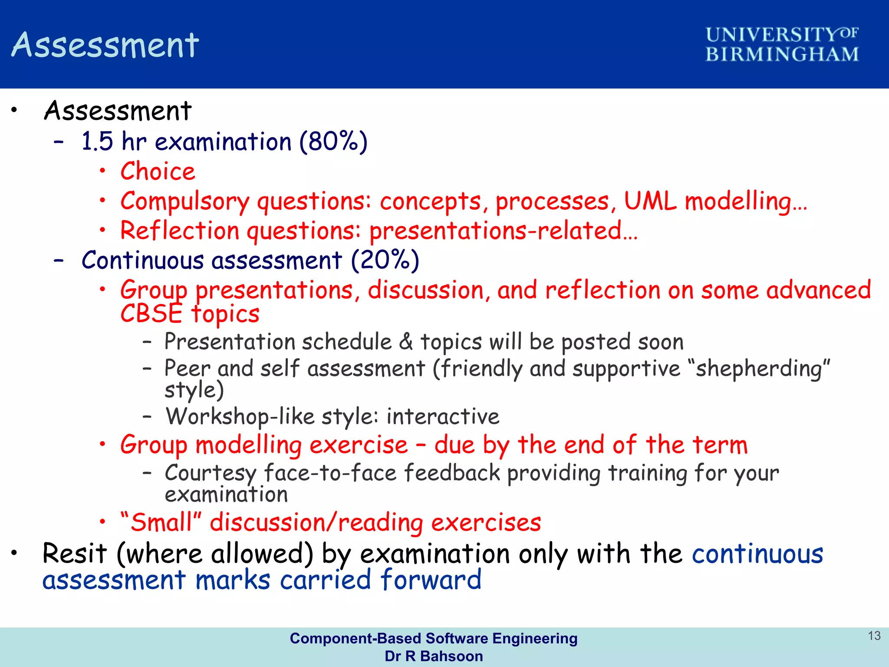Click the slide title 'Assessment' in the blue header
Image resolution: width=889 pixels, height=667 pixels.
click(x=105, y=45)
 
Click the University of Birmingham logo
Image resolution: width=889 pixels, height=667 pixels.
click(x=782, y=44)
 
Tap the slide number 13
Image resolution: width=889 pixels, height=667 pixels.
click(x=874, y=636)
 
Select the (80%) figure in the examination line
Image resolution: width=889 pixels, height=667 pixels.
click(x=333, y=142)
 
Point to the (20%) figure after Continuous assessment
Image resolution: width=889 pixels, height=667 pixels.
click(x=385, y=261)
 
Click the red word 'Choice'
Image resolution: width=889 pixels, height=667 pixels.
click(x=158, y=171)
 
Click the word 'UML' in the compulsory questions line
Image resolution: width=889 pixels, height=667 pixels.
click(x=650, y=201)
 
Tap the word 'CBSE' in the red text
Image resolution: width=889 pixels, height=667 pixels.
click(x=151, y=314)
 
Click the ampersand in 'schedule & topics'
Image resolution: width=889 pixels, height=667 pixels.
click(x=406, y=341)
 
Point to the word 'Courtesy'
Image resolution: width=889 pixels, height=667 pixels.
click(x=211, y=473)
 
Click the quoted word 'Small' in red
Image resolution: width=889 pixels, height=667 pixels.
click(x=161, y=522)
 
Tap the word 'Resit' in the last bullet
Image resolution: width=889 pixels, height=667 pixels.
click(x=74, y=554)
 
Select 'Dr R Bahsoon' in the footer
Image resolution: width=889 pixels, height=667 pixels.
click(x=434, y=656)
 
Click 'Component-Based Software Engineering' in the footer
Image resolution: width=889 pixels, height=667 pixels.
click(x=434, y=638)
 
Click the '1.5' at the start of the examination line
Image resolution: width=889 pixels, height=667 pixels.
click(x=97, y=142)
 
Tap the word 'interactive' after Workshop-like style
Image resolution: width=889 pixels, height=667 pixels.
click(x=443, y=416)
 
